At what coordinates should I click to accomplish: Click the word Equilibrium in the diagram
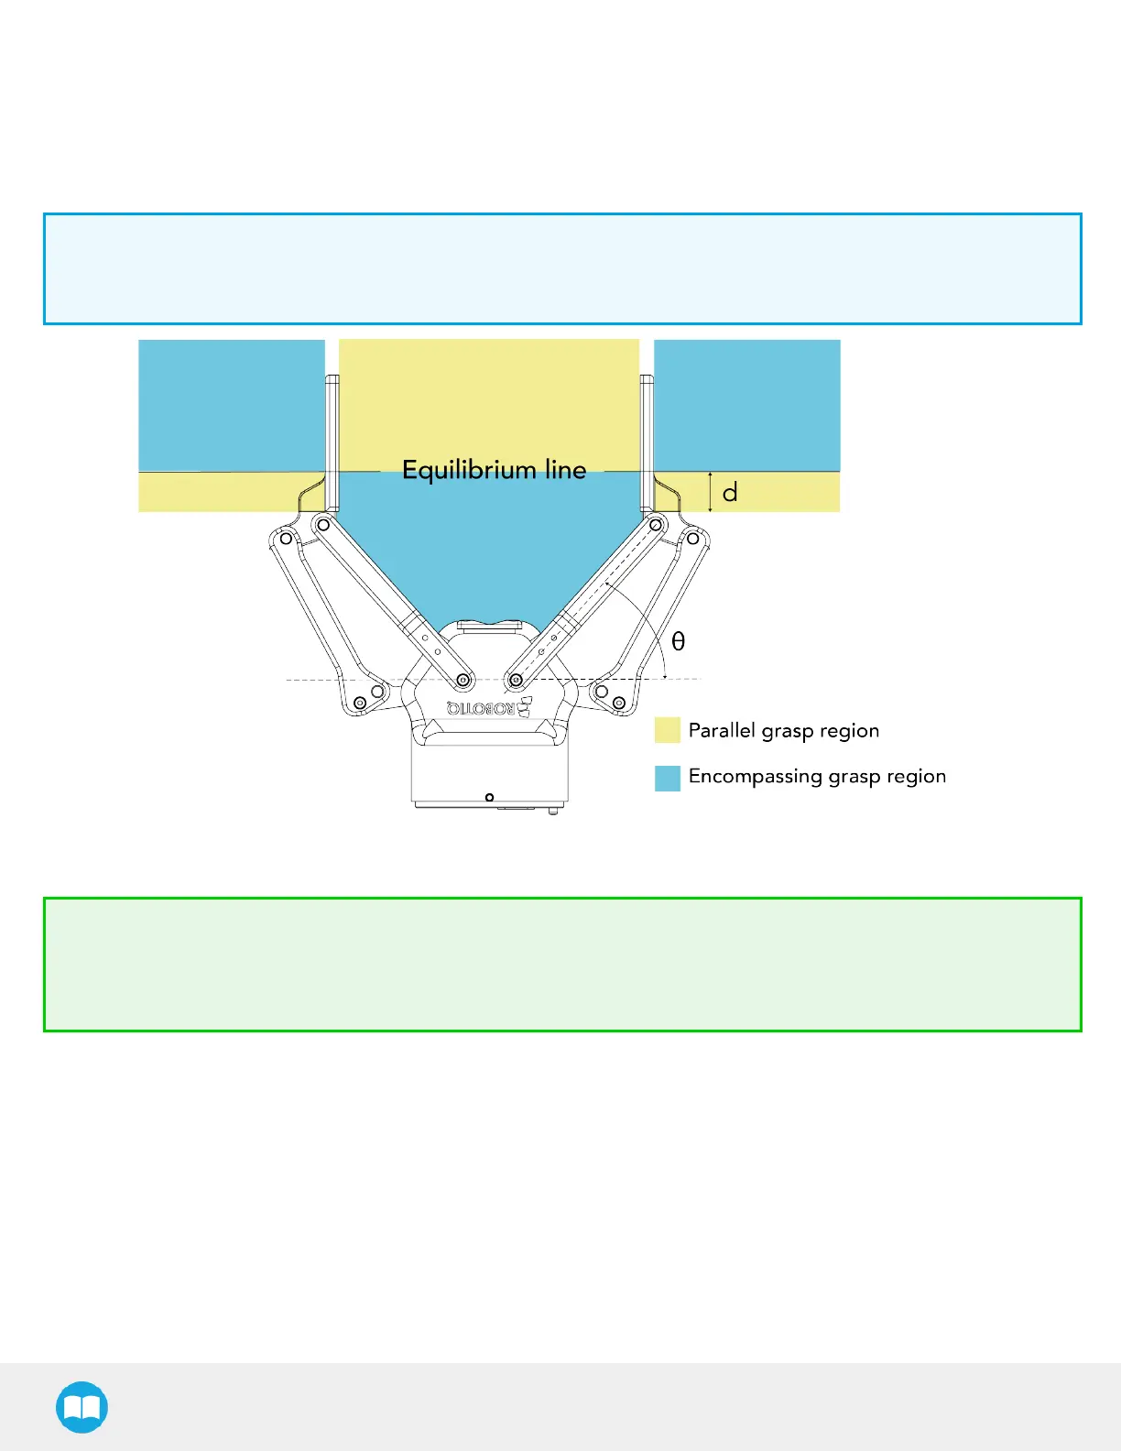click(469, 470)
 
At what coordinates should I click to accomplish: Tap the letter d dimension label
click(730, 493)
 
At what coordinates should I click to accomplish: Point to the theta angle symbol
click(678, 641)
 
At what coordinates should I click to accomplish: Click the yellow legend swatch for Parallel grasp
click(667, 730)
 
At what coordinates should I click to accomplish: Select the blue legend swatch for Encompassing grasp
click(667, 778)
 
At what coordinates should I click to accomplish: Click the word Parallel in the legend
click(722, 730)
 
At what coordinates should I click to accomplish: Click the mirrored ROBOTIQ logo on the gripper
click(482, 708)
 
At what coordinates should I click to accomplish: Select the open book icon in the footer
click(82, 1407)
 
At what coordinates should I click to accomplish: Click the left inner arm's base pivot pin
click(463, 680)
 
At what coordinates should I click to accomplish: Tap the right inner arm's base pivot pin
click(516, 680)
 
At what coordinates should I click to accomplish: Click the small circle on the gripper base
click(489, 798)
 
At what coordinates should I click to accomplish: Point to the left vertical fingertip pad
click(332, 440)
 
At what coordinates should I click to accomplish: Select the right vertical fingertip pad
click(647, 440)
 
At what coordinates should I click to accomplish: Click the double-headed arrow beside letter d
click(711, 492)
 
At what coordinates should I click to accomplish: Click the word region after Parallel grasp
click(849, 730)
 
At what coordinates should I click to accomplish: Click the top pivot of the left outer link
click(286, 539)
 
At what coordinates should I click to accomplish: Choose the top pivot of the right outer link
click(693, 539)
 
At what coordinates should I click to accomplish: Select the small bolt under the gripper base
click(553, 810)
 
